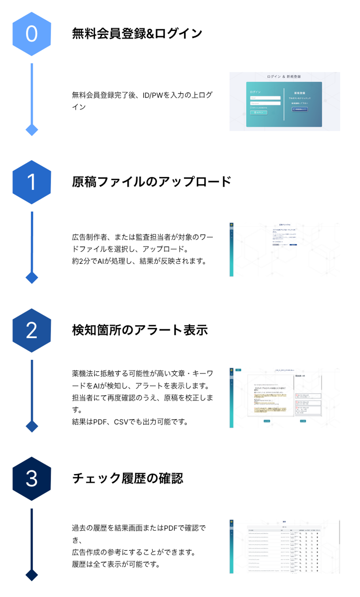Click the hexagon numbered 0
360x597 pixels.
pyautogui.click(x=32, y=34)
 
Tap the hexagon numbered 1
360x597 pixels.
pyautogui.click(x=32, y=182)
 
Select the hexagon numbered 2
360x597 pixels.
pyautogui.click(x=32, y=331)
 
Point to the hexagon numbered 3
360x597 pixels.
pyautogui.click(x=32, y=479)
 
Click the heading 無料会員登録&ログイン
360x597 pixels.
pyautogui.click(x=137, y=34)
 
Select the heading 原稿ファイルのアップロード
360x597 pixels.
pyautogui.click(x=152, y=182)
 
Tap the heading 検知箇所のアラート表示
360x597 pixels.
pyautogui.click(x=140, y=330)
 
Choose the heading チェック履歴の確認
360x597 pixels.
pyautogui.click(x=127, y=478)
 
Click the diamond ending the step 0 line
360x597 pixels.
pyautogui.click(x=32, y=130)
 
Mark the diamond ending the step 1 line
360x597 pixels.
pyautogui.click(x=32, y=278)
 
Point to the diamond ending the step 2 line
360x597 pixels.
pyautogui.click(x=32, y=426)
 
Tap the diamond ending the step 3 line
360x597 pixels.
pyautogui.click(x=32, y=575)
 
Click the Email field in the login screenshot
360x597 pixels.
pyautogui.click(x=265, y=98)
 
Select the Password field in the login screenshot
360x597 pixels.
pyautogui.click(x=265, y=103)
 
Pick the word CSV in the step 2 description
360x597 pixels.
pyautogui.click(x=122, y=422)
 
